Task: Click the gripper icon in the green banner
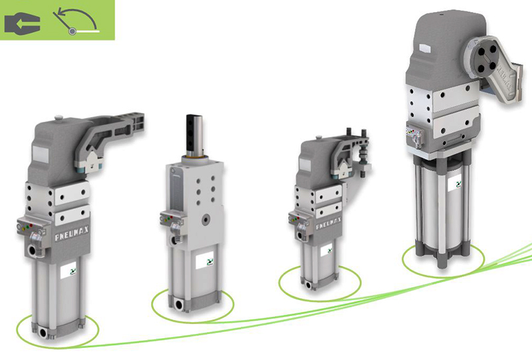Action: pos(23,23)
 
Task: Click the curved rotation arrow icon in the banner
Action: pos(76,21)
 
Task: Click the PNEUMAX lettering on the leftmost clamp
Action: pos(72,234)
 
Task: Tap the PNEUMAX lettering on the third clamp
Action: pos(328,223)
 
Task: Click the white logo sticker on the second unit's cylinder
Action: pos(205,261)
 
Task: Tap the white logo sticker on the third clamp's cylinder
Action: pos(326,252)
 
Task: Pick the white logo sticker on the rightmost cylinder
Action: pos(455,185)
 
